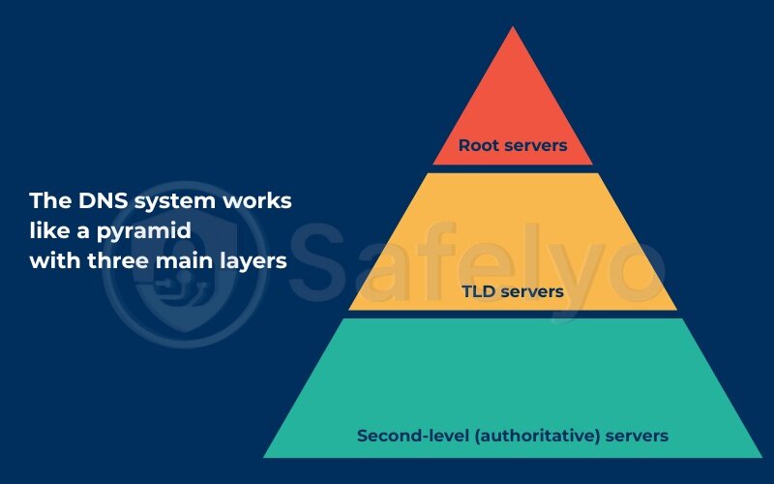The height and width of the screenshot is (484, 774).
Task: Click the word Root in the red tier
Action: click(x=481, y=146)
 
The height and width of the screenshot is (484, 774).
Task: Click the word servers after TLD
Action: click(x=530, y=289)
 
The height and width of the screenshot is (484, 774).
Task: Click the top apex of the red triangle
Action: click(x=512, y=27)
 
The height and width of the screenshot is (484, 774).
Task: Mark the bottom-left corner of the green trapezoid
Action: click(x=265, y=456)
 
